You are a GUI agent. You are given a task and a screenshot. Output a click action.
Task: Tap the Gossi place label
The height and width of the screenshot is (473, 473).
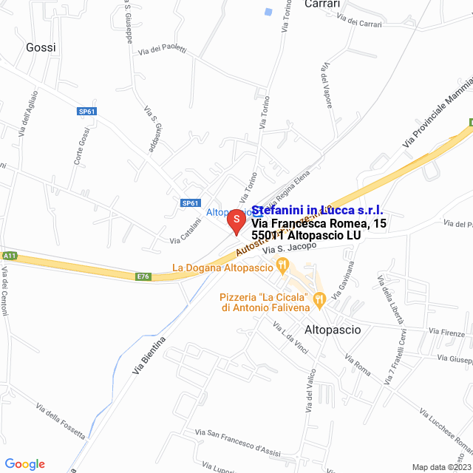pos(41,47)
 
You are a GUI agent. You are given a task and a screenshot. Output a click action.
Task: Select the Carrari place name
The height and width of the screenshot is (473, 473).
pos(322,4)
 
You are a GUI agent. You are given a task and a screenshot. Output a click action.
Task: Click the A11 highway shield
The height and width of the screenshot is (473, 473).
pos(9,255)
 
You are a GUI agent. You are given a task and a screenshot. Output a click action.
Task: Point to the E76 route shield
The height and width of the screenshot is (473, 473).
pos(143,276)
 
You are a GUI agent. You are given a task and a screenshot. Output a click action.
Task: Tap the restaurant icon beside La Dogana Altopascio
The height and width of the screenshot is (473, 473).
pos(281,265)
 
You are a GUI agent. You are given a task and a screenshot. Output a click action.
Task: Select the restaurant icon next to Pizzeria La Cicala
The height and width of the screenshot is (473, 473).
pos(319,299)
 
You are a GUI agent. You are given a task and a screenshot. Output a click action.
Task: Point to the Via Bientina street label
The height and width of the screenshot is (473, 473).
pos(149,355)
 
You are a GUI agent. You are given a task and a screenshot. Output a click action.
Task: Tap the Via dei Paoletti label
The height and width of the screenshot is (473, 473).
pos(162,50)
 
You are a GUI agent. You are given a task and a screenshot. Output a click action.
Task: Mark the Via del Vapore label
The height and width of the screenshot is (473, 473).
pos(326,86)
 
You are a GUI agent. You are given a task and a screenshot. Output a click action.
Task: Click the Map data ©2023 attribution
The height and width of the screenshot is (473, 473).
pos(440,467)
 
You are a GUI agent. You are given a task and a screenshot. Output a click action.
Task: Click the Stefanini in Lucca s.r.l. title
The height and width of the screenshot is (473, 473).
pos(317,211)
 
